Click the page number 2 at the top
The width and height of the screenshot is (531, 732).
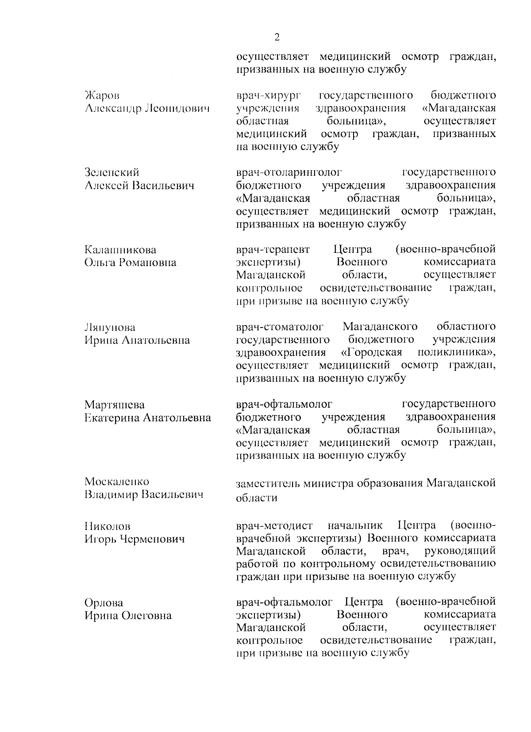click(277, 37)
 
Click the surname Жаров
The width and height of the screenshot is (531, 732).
click(102, 95)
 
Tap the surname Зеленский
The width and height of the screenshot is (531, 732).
click(112, 172)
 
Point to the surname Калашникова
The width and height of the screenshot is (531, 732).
click(120, 250)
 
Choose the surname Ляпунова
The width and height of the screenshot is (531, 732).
click(110, 328)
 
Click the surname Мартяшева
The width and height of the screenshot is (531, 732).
click(115, 405)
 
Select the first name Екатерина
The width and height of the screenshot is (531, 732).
click(111, 418)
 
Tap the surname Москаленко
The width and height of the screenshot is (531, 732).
click(117, 481)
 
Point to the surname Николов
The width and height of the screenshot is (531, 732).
click(108, 526)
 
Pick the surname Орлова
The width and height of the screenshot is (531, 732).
click(104, 603)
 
